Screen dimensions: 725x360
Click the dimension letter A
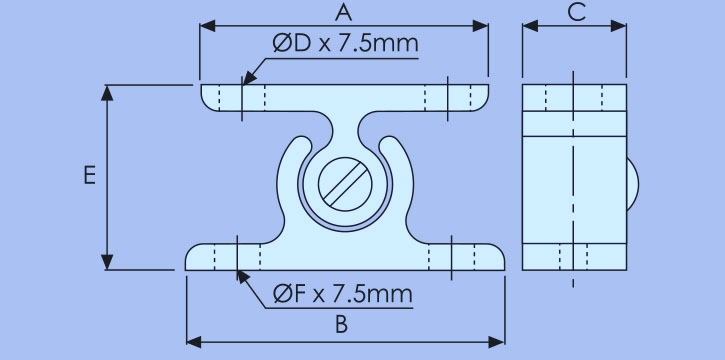click(343, 13)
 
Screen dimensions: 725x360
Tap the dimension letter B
click(341, 325)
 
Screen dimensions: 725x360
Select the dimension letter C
click(577, 13)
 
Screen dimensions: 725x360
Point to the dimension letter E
click(89, 176)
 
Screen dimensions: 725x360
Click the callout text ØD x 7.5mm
click(345, 43)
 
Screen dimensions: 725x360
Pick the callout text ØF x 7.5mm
click(343, 294)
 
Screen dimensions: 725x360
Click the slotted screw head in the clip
click(345, 184)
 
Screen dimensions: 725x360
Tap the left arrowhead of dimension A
click(207, 26)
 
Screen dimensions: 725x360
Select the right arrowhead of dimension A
click(480, 26)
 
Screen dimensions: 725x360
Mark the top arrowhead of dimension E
click(107, 93)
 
